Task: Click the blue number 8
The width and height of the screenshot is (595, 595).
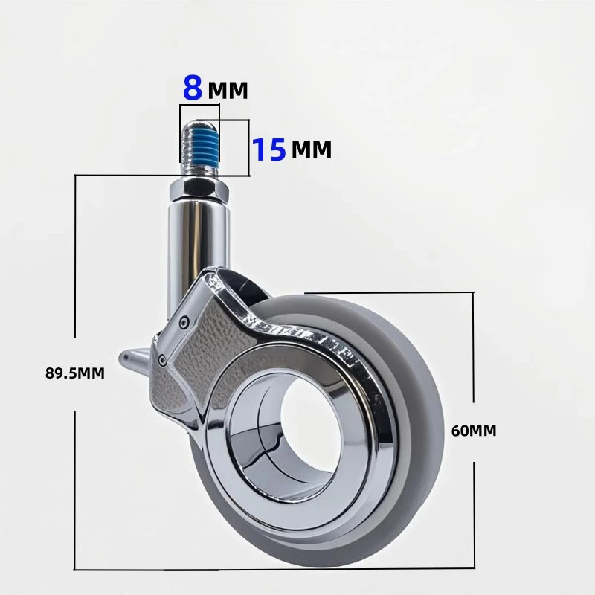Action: [193, 89]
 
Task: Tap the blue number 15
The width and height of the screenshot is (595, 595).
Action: [268, 149]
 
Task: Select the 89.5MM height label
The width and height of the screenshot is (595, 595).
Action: [75, 373]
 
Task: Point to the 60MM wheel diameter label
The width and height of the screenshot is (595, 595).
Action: [474, 431]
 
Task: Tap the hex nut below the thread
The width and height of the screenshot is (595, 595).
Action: [199, 190]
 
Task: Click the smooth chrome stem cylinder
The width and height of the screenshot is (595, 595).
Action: [199, 239]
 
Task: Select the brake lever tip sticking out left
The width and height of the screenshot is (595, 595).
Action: [131, 358]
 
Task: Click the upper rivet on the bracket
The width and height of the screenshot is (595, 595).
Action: [184, 321]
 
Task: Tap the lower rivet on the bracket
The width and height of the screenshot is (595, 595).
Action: [161, 359]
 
